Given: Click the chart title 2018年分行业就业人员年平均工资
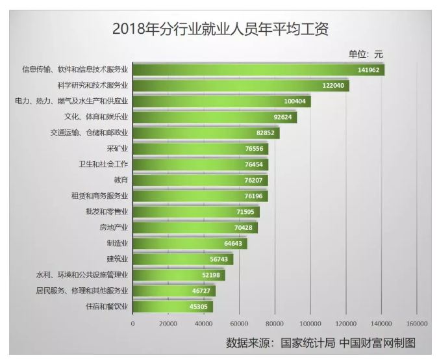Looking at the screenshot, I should [221, 29].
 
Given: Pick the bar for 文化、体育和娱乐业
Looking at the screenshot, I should [214, 117].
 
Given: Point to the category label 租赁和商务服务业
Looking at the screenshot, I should [99, 196].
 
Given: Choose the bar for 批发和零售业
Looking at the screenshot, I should [195, 211].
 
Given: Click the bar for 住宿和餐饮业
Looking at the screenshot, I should [172, 306].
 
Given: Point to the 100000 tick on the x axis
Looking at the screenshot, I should [310, 323].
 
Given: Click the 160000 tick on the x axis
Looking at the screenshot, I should [416, 323].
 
